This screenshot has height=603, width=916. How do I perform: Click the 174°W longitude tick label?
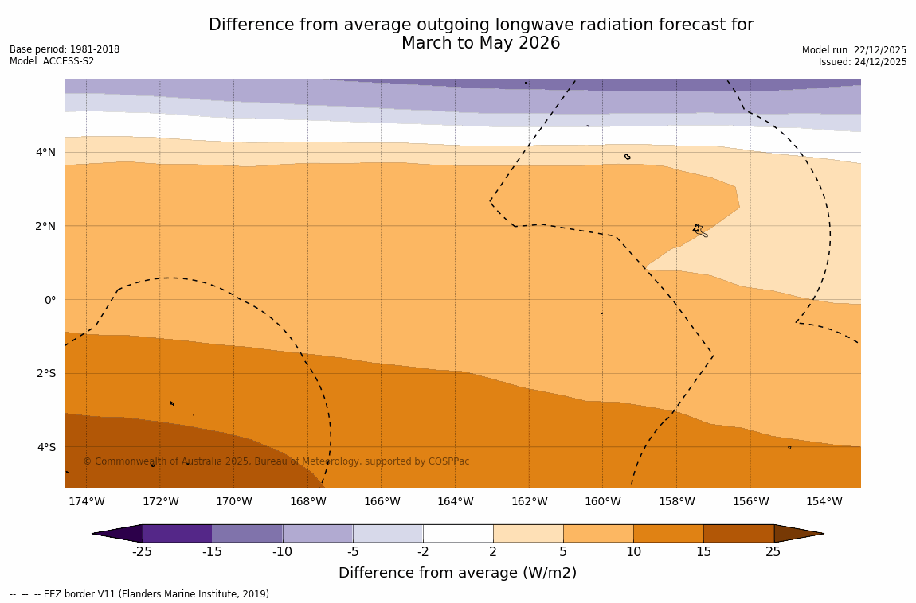tap(86, 501)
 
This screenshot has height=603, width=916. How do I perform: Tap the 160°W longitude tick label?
tap(602, 501)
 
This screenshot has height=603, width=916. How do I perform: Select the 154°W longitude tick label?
tap(824, 501)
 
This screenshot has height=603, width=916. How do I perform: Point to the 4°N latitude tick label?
tap(45, 152)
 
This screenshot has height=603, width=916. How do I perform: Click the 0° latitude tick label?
tap(49, 300)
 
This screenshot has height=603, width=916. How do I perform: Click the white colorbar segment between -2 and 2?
tap(458, 533)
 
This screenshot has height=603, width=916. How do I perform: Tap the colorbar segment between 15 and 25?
tap(738, 533)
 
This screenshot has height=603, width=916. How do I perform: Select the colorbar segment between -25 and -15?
tap(177, 533)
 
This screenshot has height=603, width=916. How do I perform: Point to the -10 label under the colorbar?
tap(282, 552)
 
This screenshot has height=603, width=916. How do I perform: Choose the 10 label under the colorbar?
tap(633, 552)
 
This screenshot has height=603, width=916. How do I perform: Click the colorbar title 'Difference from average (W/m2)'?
tap(457, 573)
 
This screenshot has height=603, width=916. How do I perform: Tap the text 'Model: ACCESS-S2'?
tap(52, 61)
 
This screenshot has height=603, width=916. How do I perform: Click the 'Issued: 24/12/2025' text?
tap(863, 62)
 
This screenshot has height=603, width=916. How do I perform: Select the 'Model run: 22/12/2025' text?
tap(854, 50)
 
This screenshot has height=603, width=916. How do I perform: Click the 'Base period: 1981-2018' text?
tap(65, 49)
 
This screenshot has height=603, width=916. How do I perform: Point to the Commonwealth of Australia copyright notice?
tap(276, 461)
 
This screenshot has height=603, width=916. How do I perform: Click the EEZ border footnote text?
tap(140, 594)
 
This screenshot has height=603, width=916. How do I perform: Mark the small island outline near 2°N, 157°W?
tap(699, 230)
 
